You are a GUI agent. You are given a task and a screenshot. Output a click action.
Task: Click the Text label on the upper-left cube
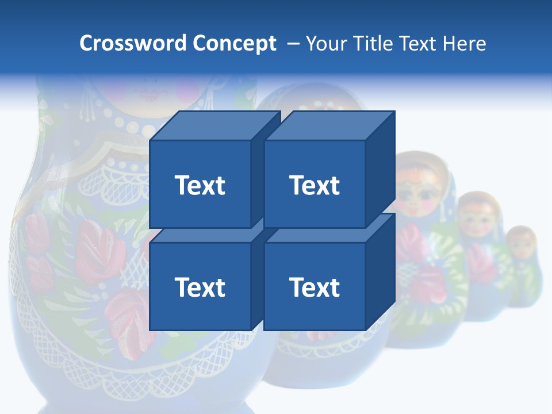[200, 185]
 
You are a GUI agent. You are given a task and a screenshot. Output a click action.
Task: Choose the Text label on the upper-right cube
[314, 185]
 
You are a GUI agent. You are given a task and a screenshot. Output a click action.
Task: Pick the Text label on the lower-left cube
[200, 287]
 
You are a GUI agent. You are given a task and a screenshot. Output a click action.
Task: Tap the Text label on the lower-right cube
[314, 287]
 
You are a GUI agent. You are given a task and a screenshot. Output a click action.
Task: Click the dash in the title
[292, 43]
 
